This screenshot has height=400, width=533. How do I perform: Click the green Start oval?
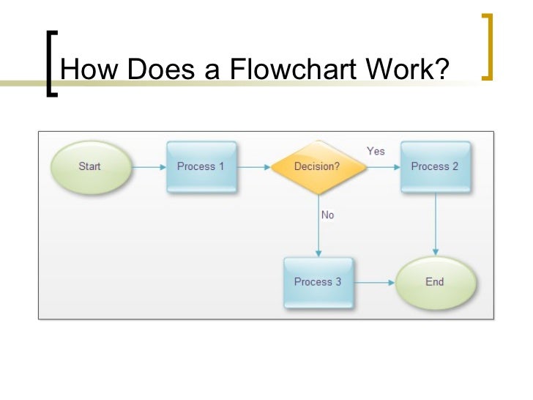(x=90, y=167)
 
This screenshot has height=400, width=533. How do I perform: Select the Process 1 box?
(x=201, y=167)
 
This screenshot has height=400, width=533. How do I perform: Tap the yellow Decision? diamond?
(x=318, y=167)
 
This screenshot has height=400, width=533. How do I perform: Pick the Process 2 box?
(x=436, y=167)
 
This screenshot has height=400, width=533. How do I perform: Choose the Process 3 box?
(x=318, y=282)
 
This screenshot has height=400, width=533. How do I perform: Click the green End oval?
(x=436, y=282)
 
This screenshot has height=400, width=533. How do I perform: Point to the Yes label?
(x=376, y=151)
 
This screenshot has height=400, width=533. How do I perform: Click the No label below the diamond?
(x=327, y=215)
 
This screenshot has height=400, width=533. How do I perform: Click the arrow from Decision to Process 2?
(x=382, y=167)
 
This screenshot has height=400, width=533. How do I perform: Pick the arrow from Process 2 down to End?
(x=436, y=224)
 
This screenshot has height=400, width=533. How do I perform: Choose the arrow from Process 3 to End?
(x=374, y=282)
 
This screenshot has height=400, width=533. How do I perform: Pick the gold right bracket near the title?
(x=488, y=45)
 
